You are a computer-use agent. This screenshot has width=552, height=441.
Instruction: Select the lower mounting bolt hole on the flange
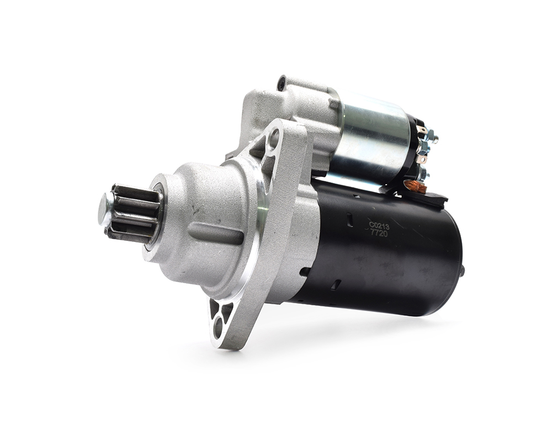tap(218, 327)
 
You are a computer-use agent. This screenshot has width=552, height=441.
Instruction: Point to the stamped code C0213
tap(379, 226)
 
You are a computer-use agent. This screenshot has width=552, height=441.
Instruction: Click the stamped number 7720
tap(379, 233)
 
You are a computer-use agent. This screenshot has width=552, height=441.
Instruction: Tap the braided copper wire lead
tap(416, 186)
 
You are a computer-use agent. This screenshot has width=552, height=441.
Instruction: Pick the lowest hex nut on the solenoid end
tap(424, 174)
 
